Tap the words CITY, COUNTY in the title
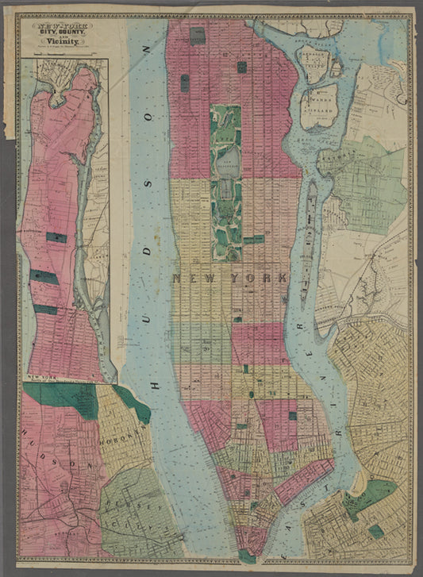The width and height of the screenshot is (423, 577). pyautogui.click(x=61, y=33)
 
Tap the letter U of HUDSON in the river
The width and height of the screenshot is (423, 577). pyautogui.click(x=148, y=127)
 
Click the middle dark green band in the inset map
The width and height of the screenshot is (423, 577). pyautogui.click(x=44, y=277)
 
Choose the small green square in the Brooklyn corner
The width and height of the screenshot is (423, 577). pyautogui.click(x=375, y=531)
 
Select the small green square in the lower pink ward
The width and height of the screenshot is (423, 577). pyautogui.click(x=292, y=415)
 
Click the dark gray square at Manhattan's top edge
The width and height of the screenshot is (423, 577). pyautogui.click(x=197, y=35)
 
